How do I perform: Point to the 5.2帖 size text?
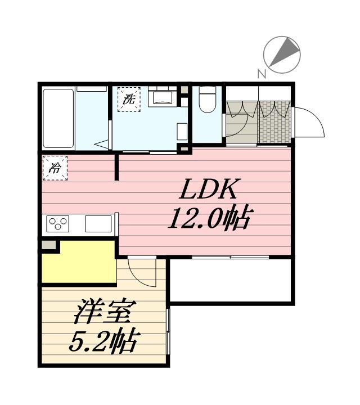coord(104,340)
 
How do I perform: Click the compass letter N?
coord(261,73)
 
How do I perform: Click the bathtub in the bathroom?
coord(59,118)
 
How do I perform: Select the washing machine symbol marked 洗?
coord(129,100)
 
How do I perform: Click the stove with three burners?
coord(57,223)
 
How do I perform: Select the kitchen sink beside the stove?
coord(97,223)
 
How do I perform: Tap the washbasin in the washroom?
coord(164,97)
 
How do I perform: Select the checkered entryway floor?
coord(275,123)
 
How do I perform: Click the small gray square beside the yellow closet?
coord(49,245)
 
